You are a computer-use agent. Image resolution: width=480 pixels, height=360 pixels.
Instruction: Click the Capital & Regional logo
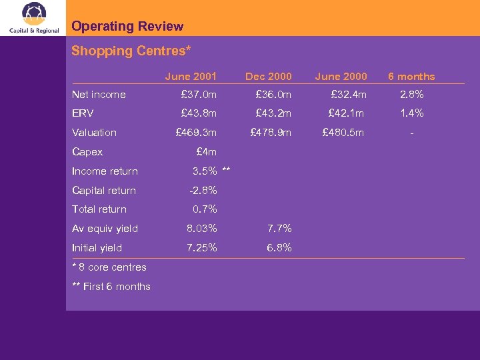(x=33, y=18)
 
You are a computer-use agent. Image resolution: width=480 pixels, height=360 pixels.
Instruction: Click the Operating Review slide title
(x=127, y=27)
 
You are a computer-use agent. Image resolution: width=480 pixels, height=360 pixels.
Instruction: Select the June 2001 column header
(x=191, y=77)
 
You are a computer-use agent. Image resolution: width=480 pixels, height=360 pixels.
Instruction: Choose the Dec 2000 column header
(x=268, y=77)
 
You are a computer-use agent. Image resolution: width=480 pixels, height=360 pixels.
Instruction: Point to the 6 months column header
(x=411, y=77)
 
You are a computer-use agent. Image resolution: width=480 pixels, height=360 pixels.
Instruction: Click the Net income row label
(x=99, y=95)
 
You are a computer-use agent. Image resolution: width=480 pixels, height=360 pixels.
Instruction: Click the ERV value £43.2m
(x=271, y=113)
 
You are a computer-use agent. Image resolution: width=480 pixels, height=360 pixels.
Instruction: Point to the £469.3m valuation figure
(x=196, y=133)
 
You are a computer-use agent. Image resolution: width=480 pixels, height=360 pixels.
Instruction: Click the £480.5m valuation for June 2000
(x=344, y=133)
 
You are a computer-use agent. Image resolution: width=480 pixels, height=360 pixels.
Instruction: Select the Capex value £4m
(x=201, y=152)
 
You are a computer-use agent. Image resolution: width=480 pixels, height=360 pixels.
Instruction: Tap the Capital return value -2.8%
(x=203, y=191)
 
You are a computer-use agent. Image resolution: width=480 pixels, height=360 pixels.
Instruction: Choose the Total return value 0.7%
(x=205, y=209)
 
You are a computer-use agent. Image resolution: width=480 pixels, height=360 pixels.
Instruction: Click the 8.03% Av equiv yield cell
(x=201, y=229)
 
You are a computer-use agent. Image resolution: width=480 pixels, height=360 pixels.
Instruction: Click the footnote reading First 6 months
(x=111, y=287)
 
